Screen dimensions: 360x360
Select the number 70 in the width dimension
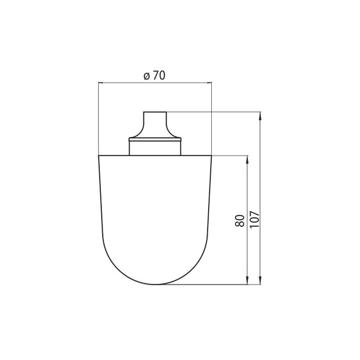coord(158,76)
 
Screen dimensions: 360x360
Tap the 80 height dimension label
coord(240,220)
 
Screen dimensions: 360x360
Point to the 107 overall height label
coord(254,219)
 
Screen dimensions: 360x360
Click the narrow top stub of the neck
coord(155,117)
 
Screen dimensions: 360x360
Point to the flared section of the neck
coord(155,129)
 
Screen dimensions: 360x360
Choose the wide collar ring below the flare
coord(155,139)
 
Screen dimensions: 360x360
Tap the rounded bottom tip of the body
coord(155,284)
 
